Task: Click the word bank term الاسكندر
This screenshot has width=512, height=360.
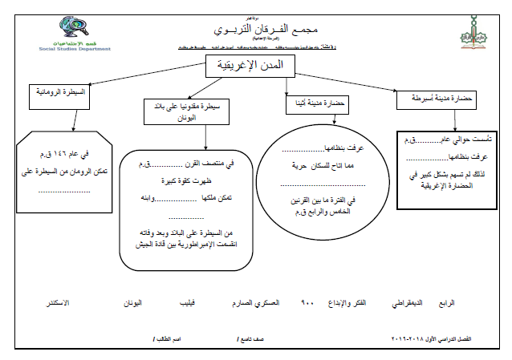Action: (x=55, y=304)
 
